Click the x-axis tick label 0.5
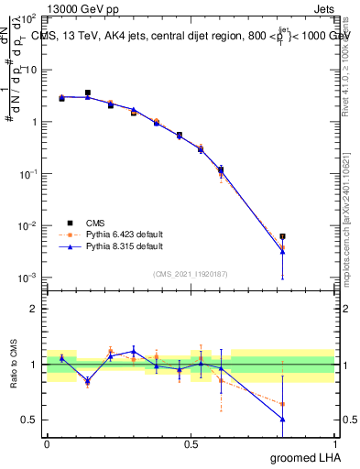click(191, 444)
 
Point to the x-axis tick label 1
click(334, 444)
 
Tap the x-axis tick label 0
click(47, 444)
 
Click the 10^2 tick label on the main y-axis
click(28, 18)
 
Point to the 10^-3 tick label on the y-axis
click(28, 278)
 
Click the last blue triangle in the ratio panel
click(283, 419)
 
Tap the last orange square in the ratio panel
click(283, 404)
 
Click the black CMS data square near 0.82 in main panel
click(283, 236)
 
